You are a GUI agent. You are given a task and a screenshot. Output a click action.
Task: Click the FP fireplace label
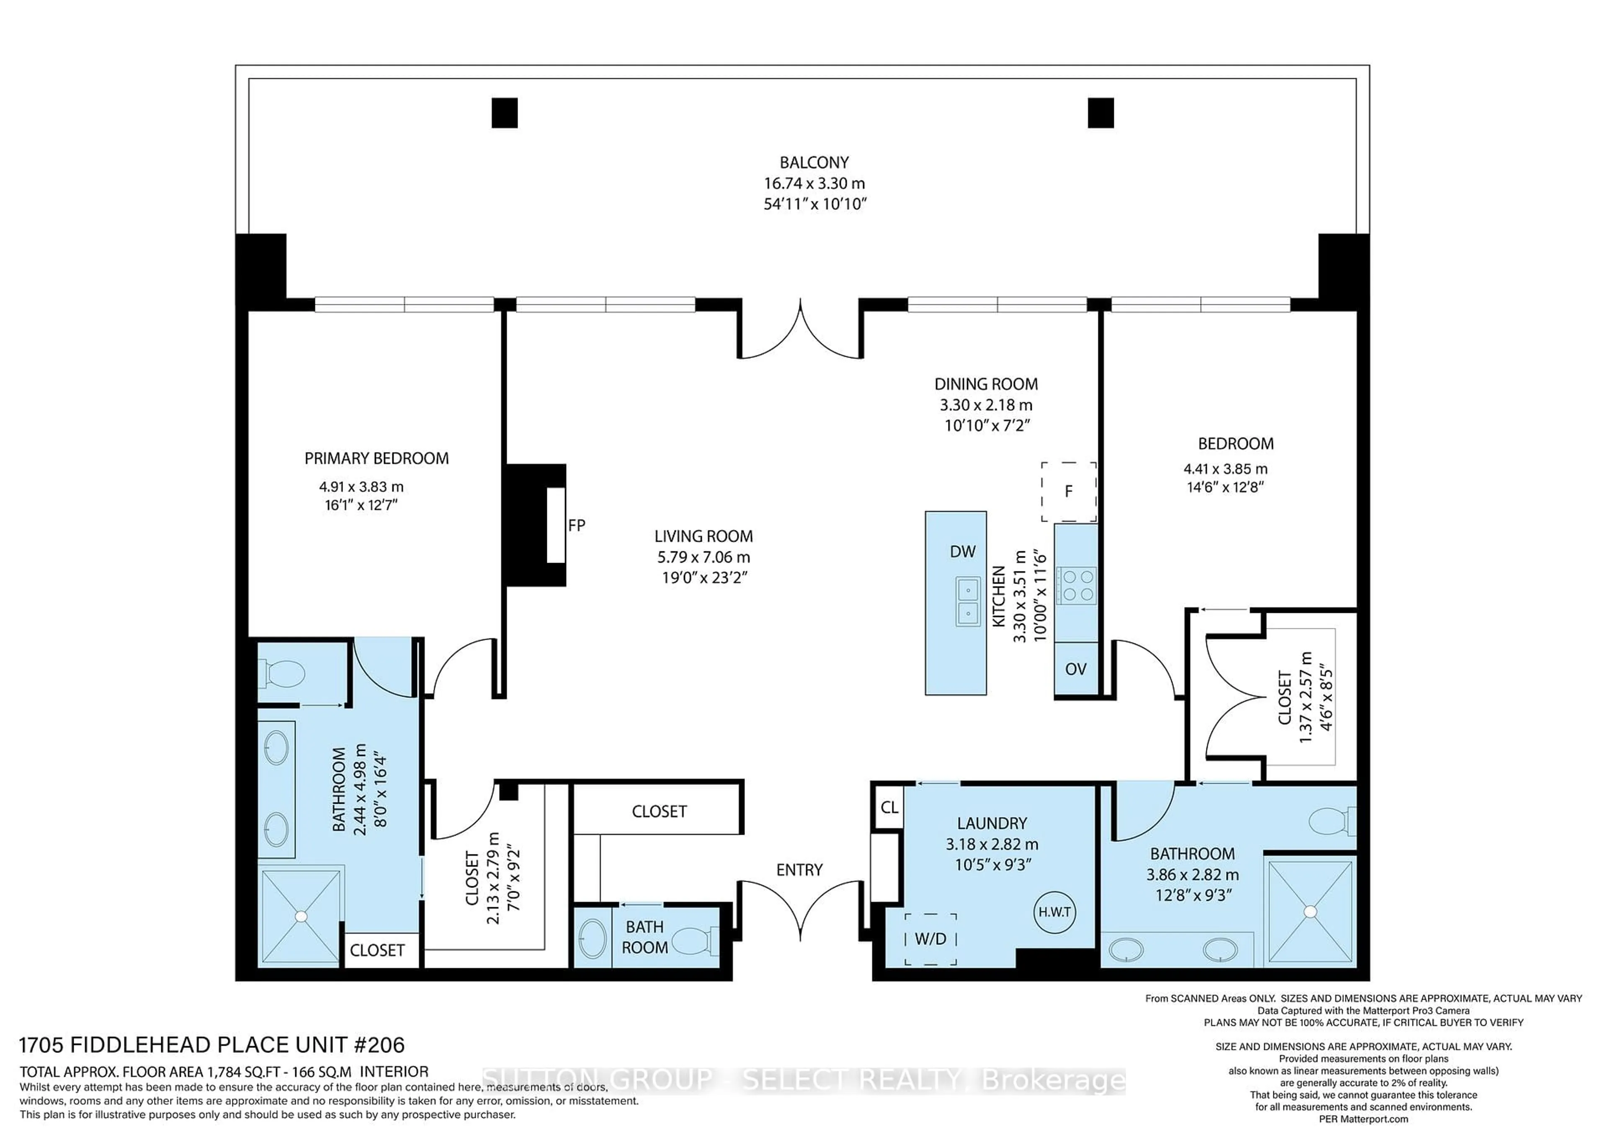click(576, 525)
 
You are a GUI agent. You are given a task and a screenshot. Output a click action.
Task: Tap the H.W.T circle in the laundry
click(1054, 912)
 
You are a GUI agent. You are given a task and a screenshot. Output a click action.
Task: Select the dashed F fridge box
click(1068, 491)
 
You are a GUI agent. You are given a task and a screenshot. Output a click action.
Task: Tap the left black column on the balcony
click(504, 113)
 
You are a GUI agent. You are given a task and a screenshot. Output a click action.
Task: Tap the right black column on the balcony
click(1100, 113)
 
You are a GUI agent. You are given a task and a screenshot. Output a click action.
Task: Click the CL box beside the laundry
click(889, 807)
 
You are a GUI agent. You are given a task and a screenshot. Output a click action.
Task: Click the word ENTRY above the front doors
click(799, 869)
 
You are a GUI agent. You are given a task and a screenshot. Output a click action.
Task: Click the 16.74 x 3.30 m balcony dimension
click(814, 183)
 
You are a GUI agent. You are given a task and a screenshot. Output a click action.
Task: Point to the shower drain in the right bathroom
click(1310, 911)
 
